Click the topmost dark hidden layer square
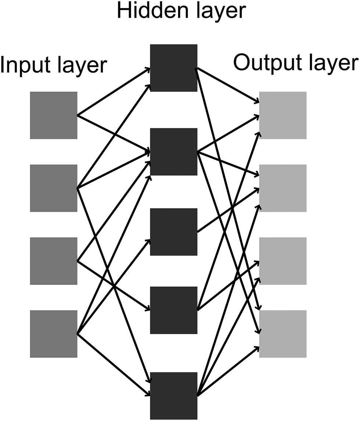tap(174, 68)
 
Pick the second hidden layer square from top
tap(174, 151)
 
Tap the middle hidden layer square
tap(174, 232)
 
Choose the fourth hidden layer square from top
tap(174, 310)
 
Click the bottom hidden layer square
tap(174, 396)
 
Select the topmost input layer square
tap(54, 115)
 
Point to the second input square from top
tap(54, 188)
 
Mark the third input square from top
tap(54, 261)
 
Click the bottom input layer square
tap(54, 333)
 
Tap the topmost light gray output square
tap(283, 115)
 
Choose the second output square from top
tap(283, 188)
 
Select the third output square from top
tap(283, 261)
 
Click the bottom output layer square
tap(283, 333)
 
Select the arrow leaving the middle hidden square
tap(228, 210)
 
